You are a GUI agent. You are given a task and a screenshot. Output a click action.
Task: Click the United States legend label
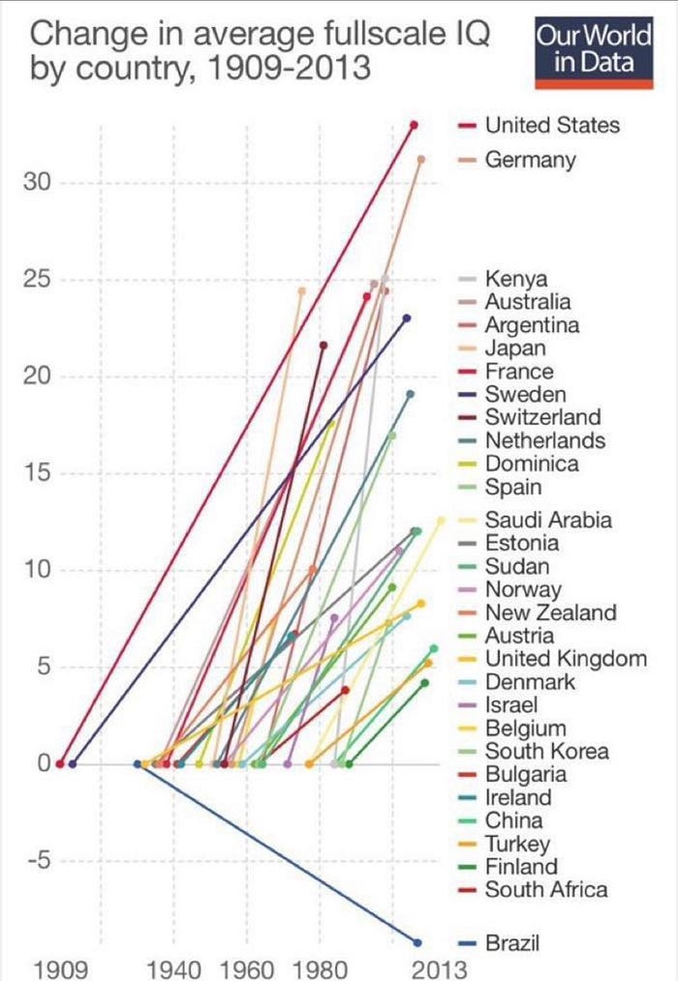552,125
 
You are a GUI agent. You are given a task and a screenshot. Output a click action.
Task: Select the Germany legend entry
530,160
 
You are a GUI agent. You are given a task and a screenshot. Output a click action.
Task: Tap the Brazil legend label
512,942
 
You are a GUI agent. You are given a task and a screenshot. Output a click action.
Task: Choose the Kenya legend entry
516,280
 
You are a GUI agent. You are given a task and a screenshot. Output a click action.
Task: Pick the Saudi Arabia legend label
548,520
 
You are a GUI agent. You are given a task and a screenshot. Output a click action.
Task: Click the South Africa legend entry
546,890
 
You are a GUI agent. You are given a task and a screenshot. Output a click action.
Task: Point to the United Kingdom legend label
566,659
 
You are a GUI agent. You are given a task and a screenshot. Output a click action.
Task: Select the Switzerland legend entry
542,417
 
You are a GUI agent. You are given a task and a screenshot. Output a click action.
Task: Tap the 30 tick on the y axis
38,183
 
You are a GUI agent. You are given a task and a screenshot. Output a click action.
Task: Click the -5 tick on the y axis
38,861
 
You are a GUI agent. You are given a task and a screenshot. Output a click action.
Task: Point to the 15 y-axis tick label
38,473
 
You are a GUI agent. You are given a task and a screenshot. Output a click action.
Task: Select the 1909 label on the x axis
61,967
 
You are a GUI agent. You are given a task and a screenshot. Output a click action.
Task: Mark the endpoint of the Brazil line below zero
417,942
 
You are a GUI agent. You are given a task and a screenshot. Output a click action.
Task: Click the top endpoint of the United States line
414,125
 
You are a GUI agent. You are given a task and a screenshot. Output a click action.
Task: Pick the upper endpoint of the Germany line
420,159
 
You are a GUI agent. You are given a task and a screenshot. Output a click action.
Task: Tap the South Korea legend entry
546,751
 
